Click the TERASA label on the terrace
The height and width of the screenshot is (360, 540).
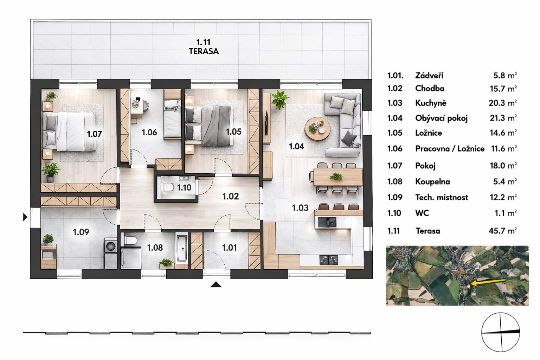click(x=204, y=51)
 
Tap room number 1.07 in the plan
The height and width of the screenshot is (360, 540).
click(x=94, y=134)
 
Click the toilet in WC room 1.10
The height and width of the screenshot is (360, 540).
click(x=166, y=188)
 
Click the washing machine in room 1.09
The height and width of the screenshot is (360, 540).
click(x=110, y=245)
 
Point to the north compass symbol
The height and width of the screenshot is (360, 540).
click(x=501, y=332)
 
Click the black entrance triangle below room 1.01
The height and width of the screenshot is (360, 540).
click(x=216, y=285)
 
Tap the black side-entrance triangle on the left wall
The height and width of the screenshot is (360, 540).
click(x=25, y=217)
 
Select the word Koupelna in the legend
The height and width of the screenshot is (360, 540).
click(x=432, y=182)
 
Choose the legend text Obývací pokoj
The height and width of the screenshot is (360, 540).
click(x=441, y=118)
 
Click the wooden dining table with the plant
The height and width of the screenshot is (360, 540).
click(x=337, y=176)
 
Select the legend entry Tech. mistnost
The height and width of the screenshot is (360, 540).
click(x=441, y=197)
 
